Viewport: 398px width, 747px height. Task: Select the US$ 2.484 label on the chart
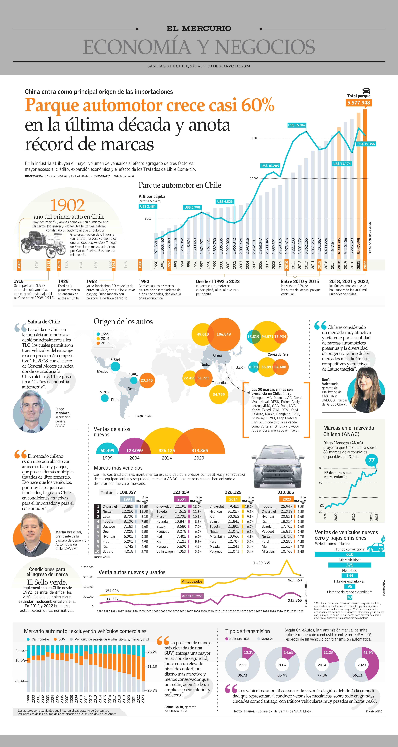tap(148, 206)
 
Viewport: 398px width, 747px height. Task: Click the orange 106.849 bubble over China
tap(224, 334)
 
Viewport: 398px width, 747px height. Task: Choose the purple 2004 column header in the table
tap(182, 499)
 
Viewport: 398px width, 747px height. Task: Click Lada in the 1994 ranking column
tap(106, 516)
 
